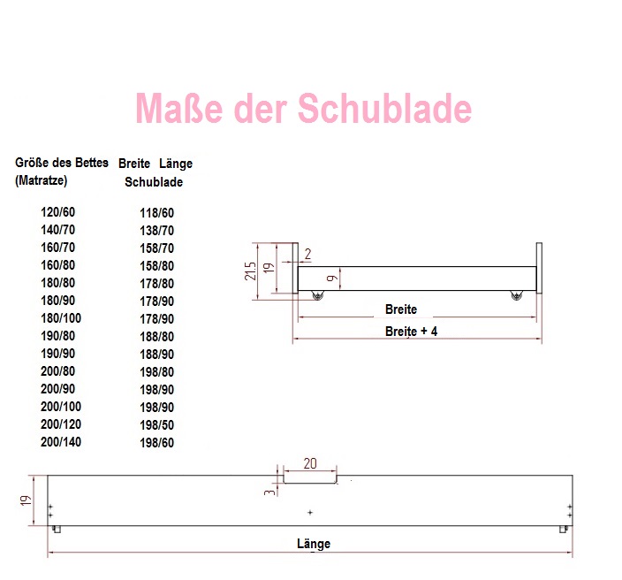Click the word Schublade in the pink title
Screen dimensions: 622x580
click(x=384, y=109)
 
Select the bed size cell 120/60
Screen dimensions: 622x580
click(x=58, y=212)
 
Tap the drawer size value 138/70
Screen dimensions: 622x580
click(x=156, y=230)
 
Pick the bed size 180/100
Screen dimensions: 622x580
click(x=61, y=318)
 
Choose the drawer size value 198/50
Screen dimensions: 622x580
click(x=156, y=424)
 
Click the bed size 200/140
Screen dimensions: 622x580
click(x=61, y=442)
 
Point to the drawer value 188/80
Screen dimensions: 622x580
click(x=156, y=337)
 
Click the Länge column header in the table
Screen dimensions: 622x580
click(x=176, y=164)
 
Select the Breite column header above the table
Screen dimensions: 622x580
click(x=134, y=164)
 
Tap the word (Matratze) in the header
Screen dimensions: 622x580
click(x=42, y=180)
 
